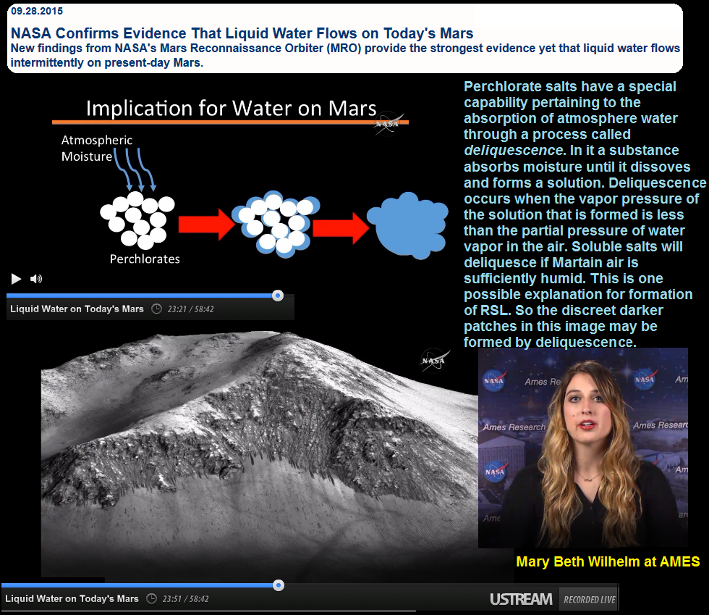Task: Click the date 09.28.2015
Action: [37, 11]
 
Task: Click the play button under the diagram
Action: [16, 279]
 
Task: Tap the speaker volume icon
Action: [36, 279]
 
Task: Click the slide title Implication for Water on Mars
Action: [231, 109]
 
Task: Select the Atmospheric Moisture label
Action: [97, 148]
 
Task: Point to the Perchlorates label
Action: [145, 259]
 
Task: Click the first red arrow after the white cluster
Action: [206, 224]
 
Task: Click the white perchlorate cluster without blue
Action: [137, 219]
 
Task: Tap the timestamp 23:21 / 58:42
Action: [190, 309]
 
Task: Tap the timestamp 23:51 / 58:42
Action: [185, 598]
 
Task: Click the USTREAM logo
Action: [521, 599]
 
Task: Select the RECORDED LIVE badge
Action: [589, 600]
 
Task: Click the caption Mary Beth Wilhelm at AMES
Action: [608, 561]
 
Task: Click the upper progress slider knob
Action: [278, 296]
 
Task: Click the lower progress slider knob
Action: [279, 585]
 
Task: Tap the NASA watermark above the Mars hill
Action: [434, 361]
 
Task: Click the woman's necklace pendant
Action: [587, 479]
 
